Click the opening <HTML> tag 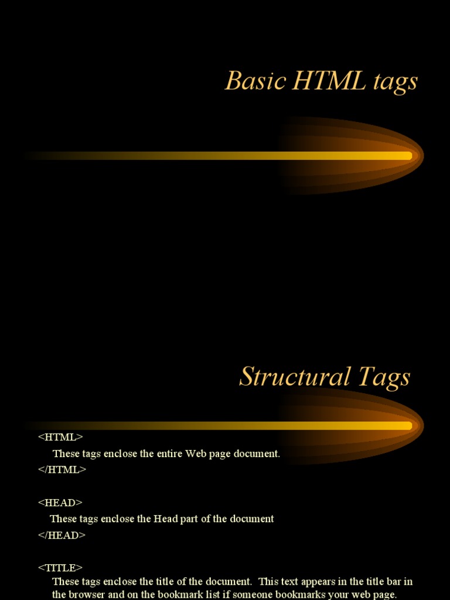(x=60, y=437)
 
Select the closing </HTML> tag (x=62, y=469)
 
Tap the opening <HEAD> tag (x=60, y=503)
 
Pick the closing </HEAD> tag (x=62, y=535)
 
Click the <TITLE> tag (x=60, y=568)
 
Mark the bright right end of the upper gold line (x=407, y=156)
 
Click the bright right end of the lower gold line (x=407, y=425)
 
